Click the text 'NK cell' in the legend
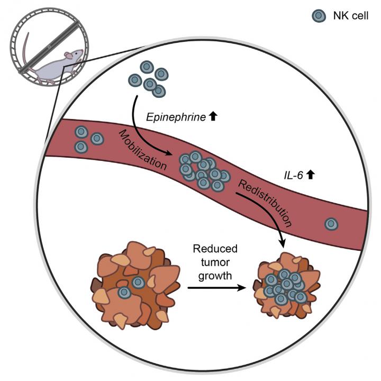pyautogui.click(x=350, y=17)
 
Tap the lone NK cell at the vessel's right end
pyautogui.click(x=332, y=224)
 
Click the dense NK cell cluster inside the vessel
pyautogui.click(x=203, y=170)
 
